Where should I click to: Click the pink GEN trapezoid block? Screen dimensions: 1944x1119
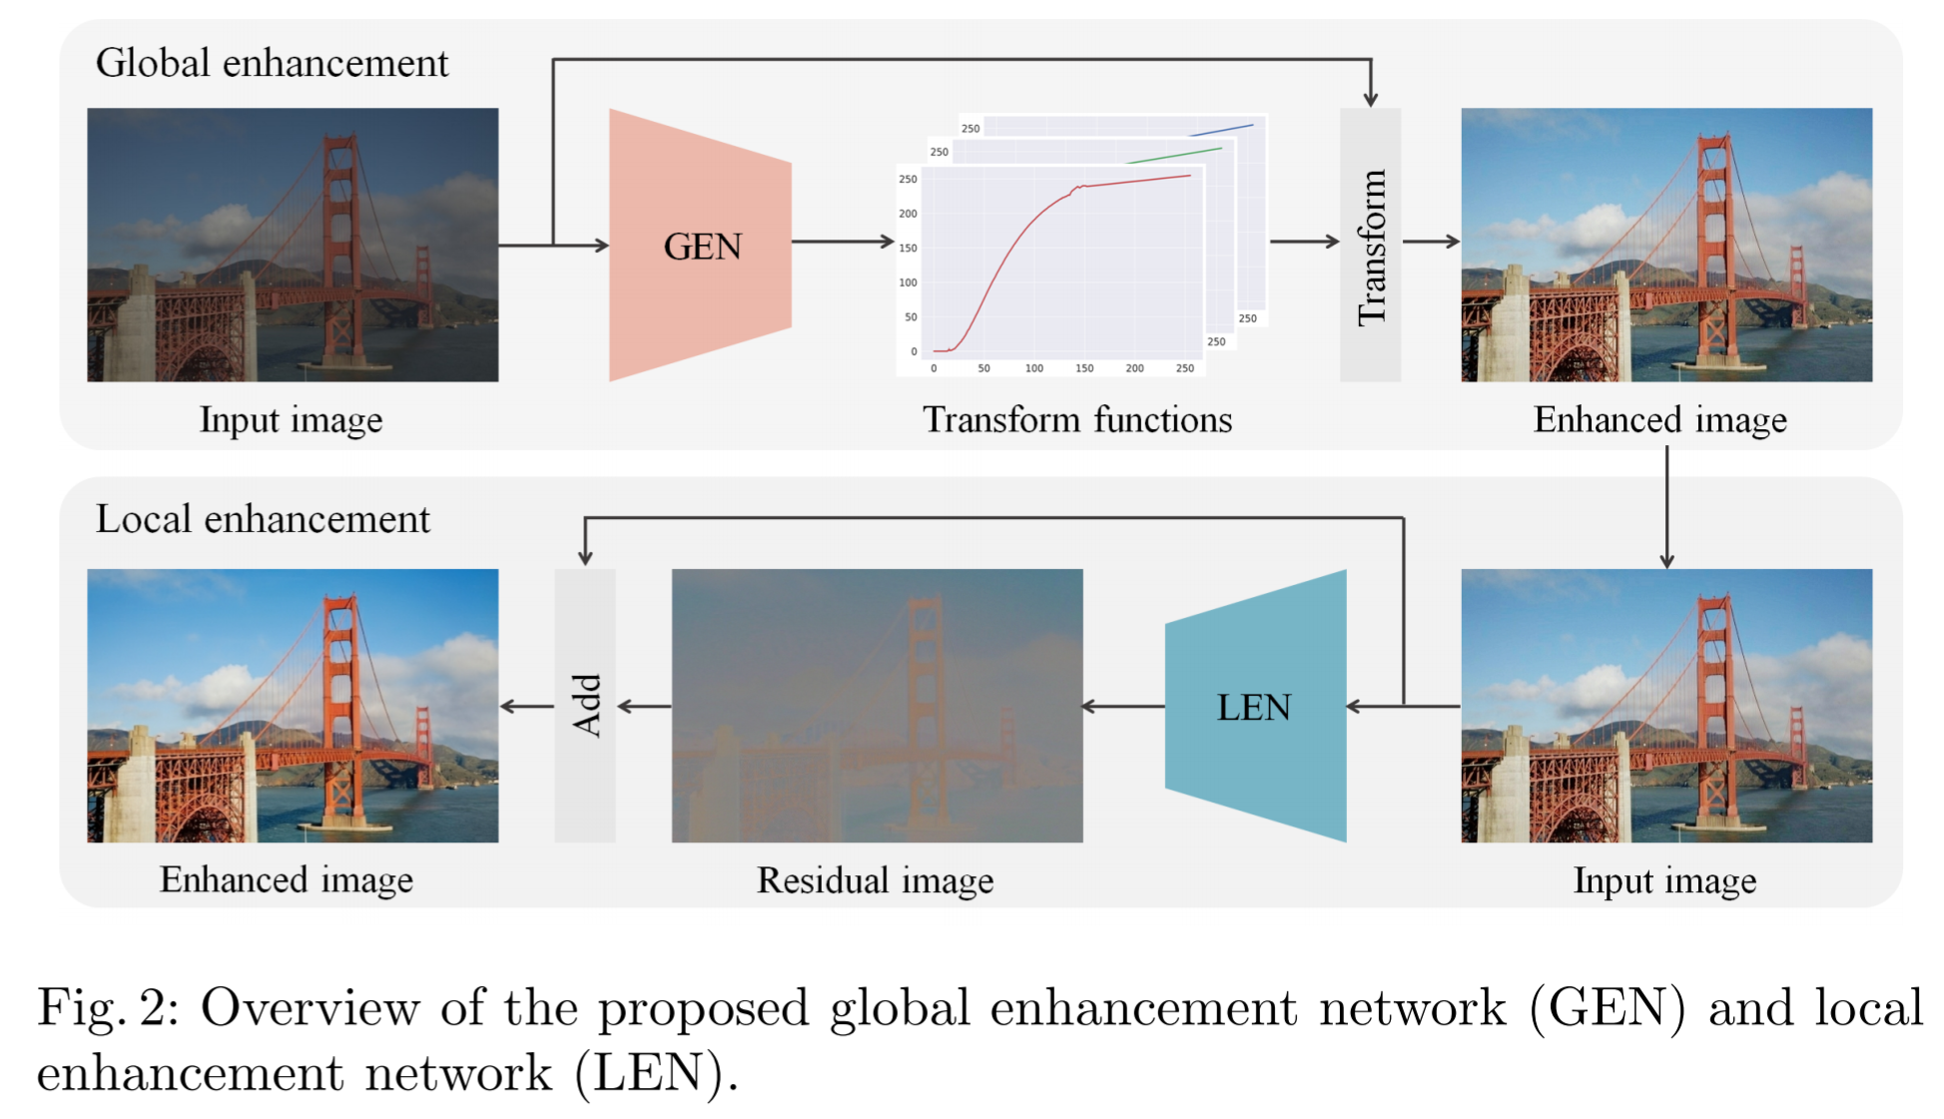click(x=700, y=246)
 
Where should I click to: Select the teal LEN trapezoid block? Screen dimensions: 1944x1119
click(x=1255, y=707)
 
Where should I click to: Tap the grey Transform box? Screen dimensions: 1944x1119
click(x=1370, y=246)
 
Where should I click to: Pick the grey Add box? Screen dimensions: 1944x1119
click(x=585, y=706)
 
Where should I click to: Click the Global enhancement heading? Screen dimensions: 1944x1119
click(x=272, y=64)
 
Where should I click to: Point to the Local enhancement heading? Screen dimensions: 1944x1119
click(x=263, y=520)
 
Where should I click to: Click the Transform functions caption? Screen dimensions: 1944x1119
click(x=1077, y=420)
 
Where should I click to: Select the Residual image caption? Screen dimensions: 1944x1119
click(x=875, y=880)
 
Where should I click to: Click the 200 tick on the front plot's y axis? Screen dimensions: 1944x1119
click(x=908, y=214)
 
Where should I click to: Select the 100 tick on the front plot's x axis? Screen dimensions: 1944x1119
click(x=1034, y=368)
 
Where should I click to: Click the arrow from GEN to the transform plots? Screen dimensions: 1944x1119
click(x=844, y=242)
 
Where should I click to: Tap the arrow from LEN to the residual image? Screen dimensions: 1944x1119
click(x=1123, y=707)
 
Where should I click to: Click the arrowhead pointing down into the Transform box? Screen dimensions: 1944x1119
click(x=1371, y=98)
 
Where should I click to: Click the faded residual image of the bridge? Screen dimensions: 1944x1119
click(x=877, y=706)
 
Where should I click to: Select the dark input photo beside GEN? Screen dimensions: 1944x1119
click(x=293, y=245)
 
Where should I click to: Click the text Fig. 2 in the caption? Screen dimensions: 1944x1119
click(x=106, y=1008)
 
